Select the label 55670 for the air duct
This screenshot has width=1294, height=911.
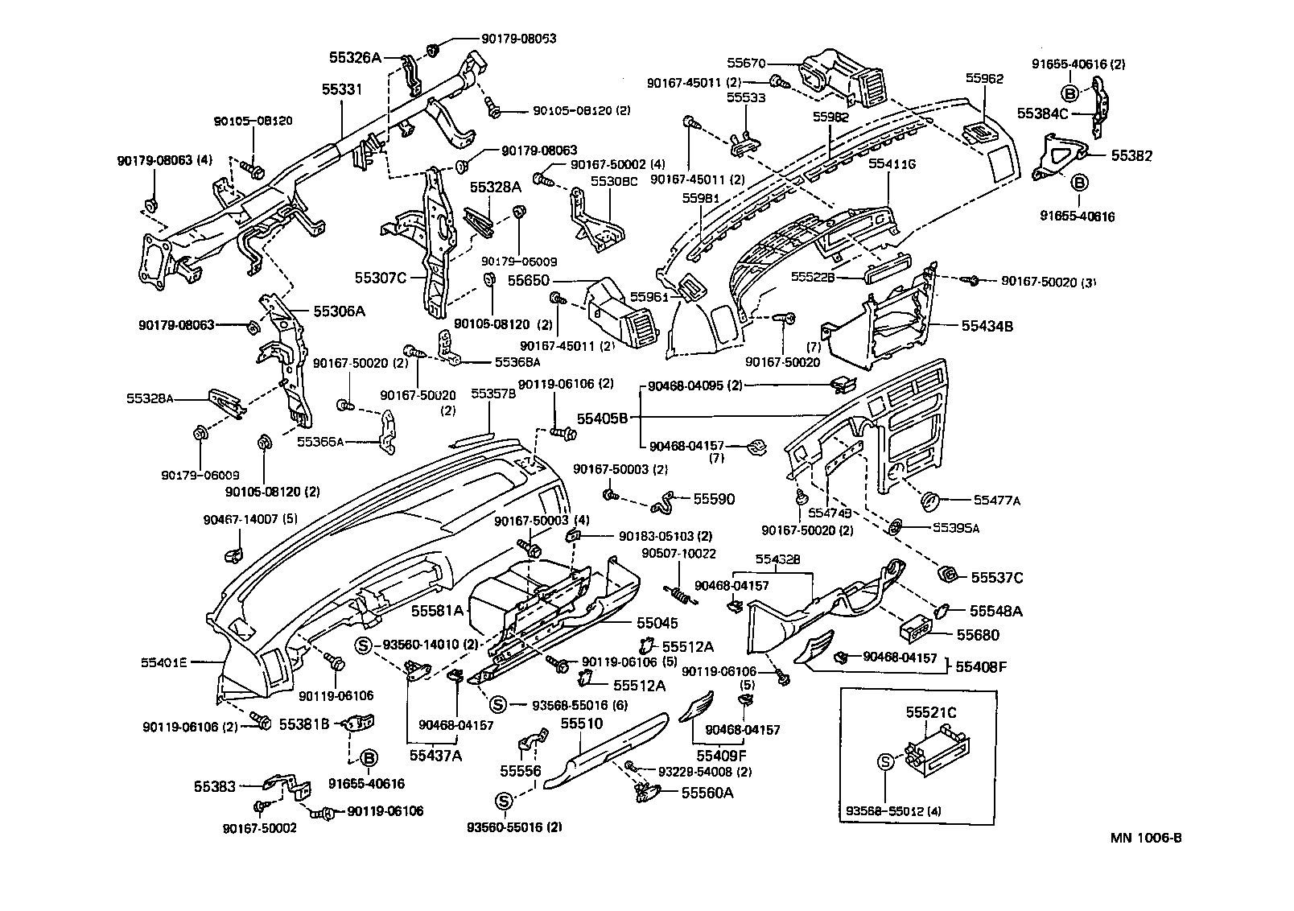point(749,63)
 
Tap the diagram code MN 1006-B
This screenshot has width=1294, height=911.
point(1146,838)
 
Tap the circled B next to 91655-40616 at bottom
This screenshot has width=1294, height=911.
point(369,758)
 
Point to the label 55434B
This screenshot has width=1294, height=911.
point(987,326)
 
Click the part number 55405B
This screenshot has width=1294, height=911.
point(602,418)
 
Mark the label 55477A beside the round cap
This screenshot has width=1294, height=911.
point(996,500)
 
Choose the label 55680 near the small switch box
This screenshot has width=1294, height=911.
point(978,635)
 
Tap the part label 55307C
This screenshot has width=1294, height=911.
point(381,278)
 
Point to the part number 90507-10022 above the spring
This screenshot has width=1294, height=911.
point(678,554)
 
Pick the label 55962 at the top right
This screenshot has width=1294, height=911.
point(985,79)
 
